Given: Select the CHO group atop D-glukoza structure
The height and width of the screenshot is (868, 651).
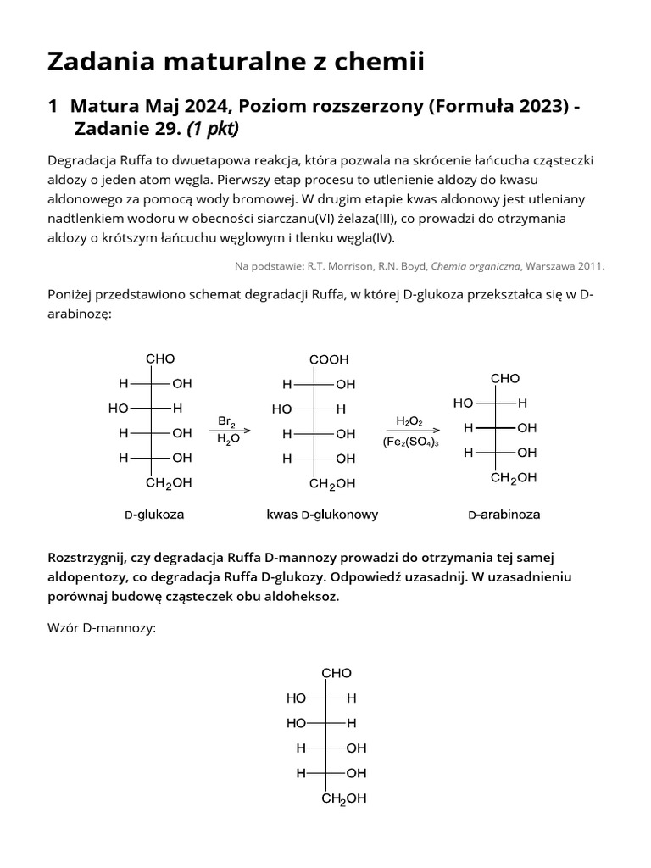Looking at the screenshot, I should coord(160,359).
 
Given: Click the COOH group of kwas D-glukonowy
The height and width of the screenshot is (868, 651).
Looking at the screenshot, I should coord(328,359).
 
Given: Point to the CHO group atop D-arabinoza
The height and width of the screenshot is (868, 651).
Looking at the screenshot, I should coord(505,378).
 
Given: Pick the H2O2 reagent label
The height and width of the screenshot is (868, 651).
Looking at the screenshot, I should coord(409,420).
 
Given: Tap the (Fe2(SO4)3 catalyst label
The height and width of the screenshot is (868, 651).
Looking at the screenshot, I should coord(410,442).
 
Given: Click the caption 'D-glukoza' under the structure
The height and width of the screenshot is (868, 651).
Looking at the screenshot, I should coord(154,514).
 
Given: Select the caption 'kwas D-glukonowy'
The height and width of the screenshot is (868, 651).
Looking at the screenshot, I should coord(322,514).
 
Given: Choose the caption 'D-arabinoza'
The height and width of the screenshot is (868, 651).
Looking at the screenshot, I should coord(504,514).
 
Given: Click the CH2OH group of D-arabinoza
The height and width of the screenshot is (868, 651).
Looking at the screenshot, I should coord(514,477).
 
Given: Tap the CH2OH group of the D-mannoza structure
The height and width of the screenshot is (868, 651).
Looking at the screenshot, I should coord(344,798).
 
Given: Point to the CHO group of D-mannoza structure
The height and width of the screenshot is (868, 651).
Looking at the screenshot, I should coord(336,673).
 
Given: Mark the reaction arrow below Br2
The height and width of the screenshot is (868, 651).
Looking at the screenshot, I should coord(229,431).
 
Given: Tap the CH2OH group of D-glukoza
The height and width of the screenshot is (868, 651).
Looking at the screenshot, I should coord(169,483).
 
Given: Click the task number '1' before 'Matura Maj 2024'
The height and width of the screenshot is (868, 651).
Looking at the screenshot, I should coord(53,106).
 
